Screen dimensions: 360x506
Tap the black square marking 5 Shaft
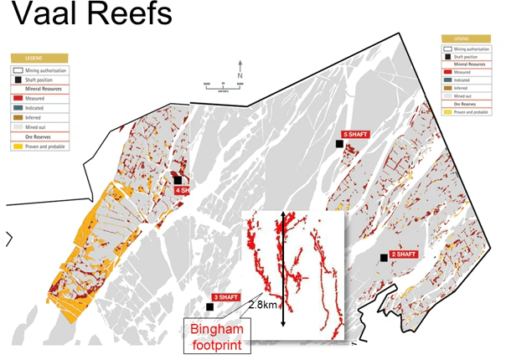339,144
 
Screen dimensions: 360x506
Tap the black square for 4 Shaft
178,179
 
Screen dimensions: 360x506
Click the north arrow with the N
240,67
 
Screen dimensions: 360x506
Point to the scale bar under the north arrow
223,85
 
